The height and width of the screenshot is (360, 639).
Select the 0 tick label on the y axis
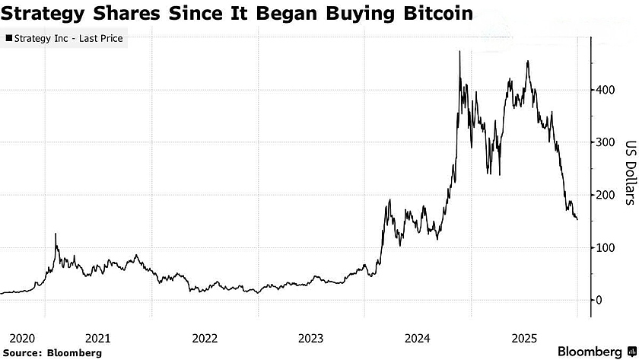(599, 300)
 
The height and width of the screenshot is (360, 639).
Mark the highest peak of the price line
(459, 52)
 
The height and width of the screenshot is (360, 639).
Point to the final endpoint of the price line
(577, 219)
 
